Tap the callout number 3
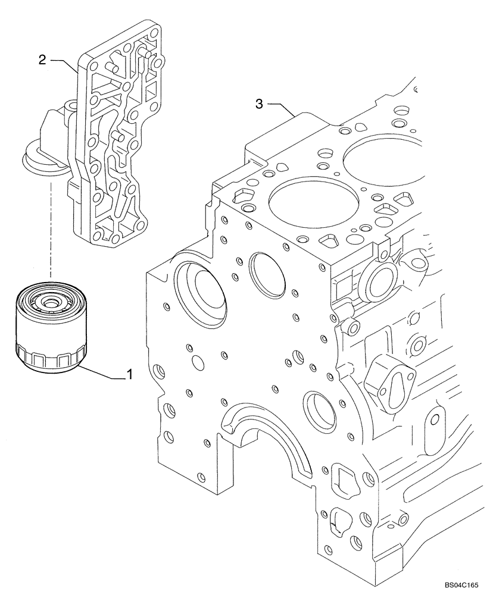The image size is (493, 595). (x=259, y=104)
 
